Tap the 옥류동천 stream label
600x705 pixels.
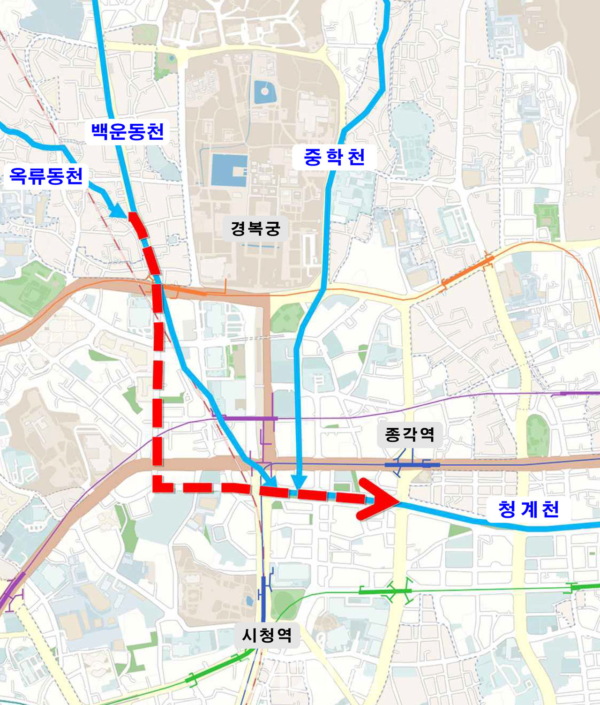[x=46, y=176]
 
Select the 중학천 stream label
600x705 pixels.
[x=334, y=157]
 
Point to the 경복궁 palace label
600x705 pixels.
[x=255, y=228]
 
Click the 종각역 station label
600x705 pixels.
[x=409, y=434]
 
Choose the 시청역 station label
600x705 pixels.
[x=267, y=635]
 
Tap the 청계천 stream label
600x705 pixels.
[x=528, y=509]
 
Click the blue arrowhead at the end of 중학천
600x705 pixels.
[x=299, y=482]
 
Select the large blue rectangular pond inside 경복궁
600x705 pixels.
[x=229, y=170]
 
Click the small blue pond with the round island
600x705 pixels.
[x=264, y=92]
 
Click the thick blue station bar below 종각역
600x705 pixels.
[x=412, y=465]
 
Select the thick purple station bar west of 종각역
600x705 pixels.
[x=248, y=417]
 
